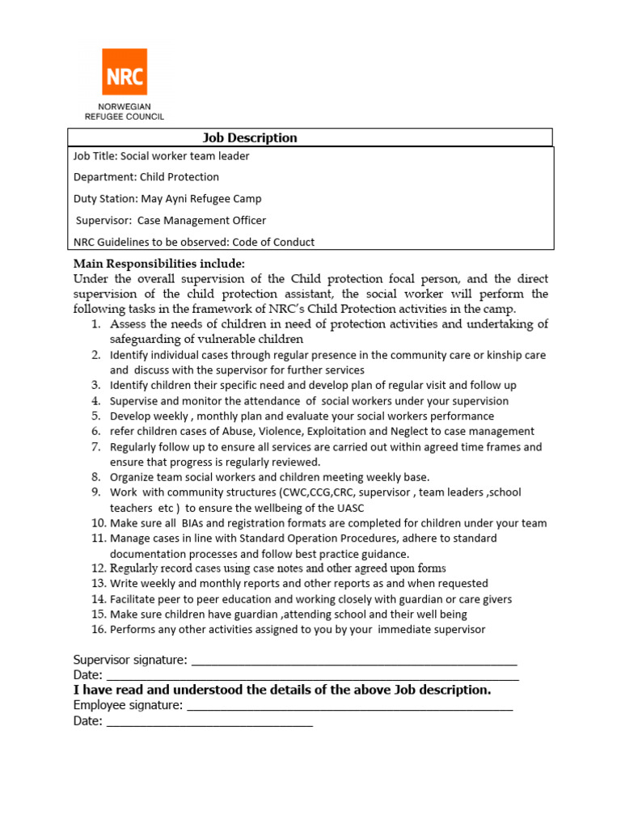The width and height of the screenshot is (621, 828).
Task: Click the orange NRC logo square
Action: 125,72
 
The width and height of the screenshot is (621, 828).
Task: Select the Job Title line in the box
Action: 161,156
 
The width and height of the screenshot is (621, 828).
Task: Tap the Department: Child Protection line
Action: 146,177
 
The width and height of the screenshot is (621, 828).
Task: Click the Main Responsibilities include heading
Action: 158,264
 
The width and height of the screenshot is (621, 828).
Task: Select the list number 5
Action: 95,416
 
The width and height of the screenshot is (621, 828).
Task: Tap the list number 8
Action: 95,477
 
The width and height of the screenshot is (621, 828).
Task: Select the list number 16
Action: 99,629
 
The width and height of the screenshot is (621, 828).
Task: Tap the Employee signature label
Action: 128,706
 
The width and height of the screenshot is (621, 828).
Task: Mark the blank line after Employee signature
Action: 349,708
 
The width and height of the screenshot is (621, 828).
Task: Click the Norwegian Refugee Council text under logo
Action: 125,112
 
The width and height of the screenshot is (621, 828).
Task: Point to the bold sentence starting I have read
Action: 282,691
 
